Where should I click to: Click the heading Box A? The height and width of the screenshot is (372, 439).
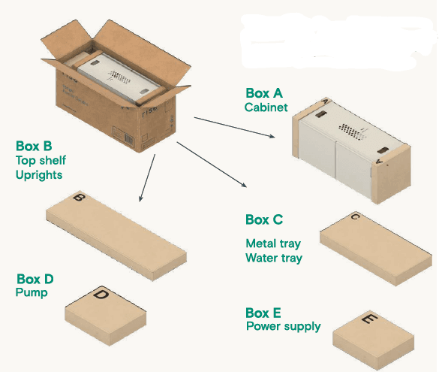point(264,93)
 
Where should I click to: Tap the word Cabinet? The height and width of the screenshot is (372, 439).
point(266,107)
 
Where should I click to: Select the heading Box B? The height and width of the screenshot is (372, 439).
point(34,146)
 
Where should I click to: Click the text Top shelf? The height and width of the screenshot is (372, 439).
point(41,160)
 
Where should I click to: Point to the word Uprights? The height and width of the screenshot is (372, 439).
point(39,175)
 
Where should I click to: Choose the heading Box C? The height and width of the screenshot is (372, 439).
point(264,219)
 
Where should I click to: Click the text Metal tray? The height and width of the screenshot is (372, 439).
point(273,243)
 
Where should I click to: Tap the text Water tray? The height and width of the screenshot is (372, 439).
point(274,258)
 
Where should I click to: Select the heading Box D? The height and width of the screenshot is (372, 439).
point(35,279)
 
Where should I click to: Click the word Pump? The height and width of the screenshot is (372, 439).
point(32,292)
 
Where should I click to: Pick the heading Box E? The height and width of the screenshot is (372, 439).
point(263,313)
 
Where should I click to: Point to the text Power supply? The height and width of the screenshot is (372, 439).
point(284,326)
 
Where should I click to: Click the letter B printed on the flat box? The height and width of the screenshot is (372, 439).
point(80,198)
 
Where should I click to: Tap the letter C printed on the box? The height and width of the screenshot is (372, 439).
point(355,216)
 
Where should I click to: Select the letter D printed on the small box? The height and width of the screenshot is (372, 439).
point(101,295)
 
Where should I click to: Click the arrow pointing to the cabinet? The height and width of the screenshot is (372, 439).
point(234,128)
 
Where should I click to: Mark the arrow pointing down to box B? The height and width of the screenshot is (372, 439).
point(147,177)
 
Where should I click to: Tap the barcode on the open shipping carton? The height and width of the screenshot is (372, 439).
point(129,139)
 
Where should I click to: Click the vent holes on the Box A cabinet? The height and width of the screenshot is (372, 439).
point(352,132)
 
